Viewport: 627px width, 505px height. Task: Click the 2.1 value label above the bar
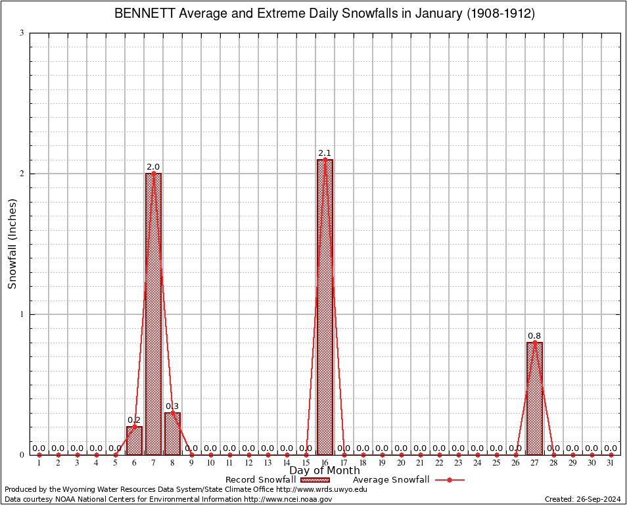tap(325, 153)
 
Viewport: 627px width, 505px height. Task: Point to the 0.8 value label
tap(534, 336)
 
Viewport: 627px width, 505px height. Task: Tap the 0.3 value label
tap(172, 406)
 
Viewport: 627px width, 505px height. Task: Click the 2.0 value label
tap(153, 167)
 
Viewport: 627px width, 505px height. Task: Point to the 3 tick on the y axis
tap(22, 33)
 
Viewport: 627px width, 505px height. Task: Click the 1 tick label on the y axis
tap(22, 314)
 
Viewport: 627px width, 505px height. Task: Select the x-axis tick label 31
tap(611, 464)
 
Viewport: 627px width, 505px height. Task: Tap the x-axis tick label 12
tap(248, 464)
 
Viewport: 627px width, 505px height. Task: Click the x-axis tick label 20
tap(401, 464)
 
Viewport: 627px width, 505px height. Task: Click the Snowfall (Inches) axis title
tap(12, 244)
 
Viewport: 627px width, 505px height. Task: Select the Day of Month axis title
tap(325, 471)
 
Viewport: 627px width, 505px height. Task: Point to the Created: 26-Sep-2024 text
tap(583, 499)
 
